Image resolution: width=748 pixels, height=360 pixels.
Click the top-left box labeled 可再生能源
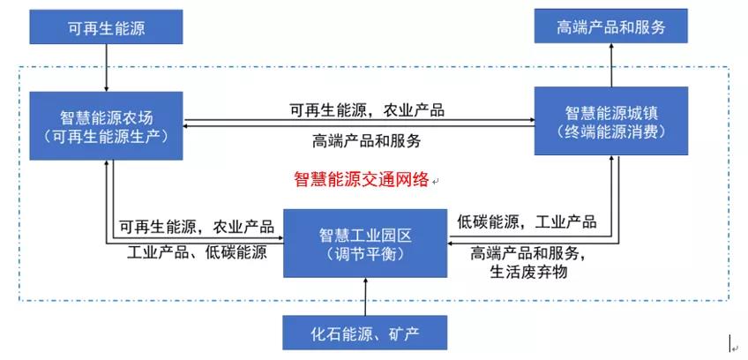click(x=106, y=28)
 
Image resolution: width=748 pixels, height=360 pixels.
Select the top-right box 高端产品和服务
click(x=611, y=27)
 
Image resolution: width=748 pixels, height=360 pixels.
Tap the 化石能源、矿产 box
click(x=364, y=334)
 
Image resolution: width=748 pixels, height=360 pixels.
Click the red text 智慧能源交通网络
click(x=362, y=179)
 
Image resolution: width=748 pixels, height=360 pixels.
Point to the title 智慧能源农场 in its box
click(x=106, y=116)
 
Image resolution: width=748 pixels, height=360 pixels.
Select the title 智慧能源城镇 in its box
click(x=611, y=112)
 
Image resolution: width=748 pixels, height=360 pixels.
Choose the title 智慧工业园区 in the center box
click(x=365, y=235)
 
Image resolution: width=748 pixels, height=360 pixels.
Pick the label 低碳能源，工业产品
click(x=527, y=221)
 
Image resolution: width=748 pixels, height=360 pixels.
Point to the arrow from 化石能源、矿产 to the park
click(x=364, y=296)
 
